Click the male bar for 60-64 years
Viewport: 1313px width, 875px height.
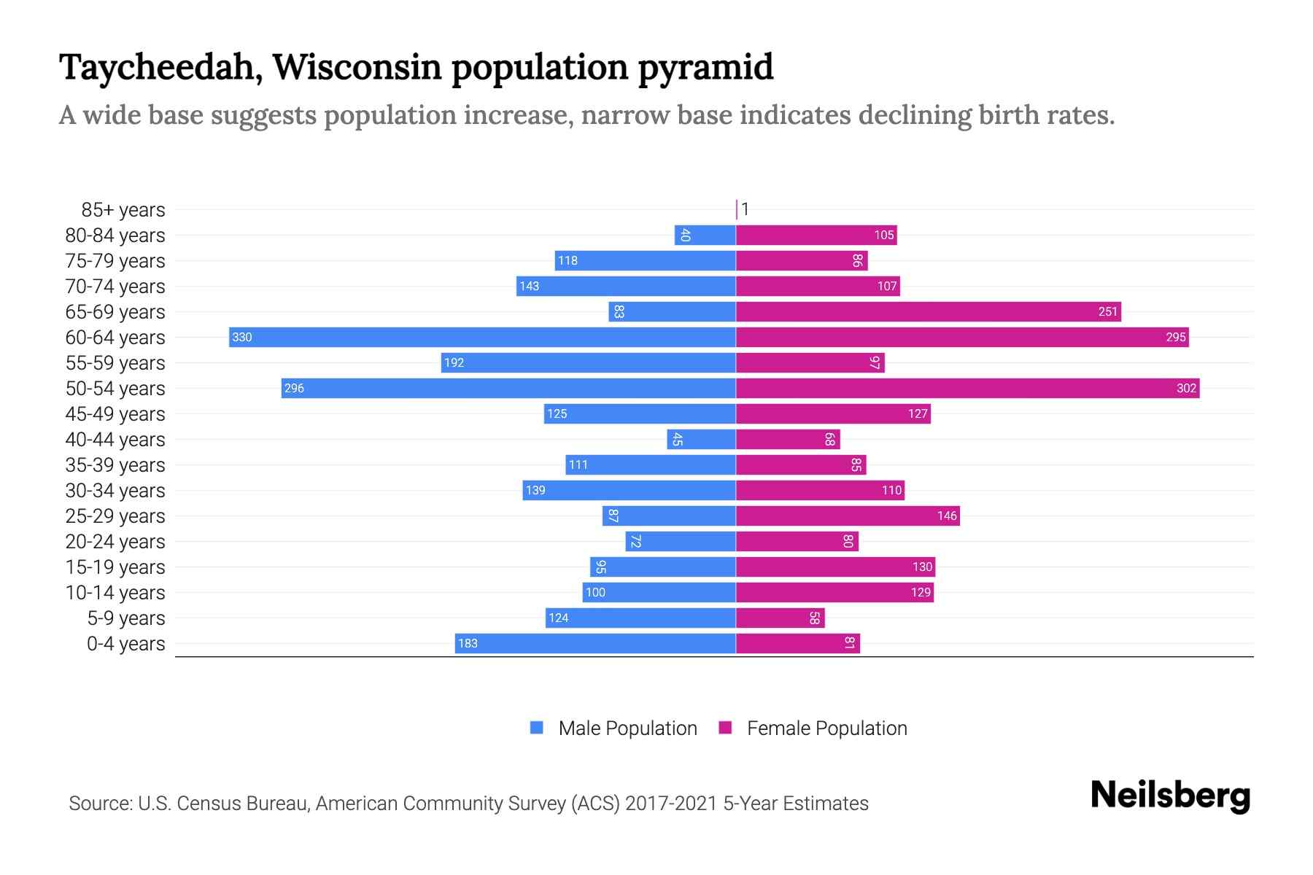(481, 337)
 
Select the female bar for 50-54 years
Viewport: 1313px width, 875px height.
(967, 388)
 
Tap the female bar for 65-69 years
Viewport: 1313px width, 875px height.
(928, 311)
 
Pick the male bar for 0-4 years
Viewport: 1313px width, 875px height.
(594, 643)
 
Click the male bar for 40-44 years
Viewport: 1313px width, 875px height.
(701, 439)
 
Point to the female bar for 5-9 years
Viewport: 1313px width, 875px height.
(780, 618)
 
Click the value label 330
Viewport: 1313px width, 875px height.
(241, 337)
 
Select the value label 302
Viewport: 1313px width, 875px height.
(1186, 388)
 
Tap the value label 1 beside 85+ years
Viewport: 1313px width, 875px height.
(745, 209)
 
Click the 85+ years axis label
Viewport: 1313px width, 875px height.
(123, 210)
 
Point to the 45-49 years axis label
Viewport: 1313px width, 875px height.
(115, 414)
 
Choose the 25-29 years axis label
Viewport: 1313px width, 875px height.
(115, 516)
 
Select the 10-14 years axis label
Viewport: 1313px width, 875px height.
(115, 593)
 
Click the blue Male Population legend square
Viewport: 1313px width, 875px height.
(537, 728)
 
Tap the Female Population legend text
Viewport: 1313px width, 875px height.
(826, 728)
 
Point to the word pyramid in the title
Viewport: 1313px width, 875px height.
(705, 67)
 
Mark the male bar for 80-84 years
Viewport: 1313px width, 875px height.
(705, 235)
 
